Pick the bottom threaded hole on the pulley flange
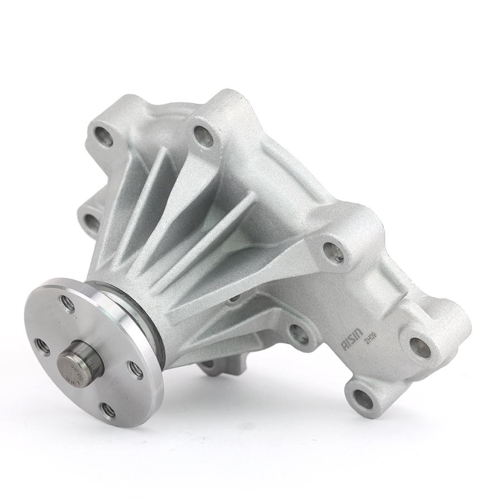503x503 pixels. [x=107, y=411]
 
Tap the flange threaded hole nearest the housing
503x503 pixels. [x=135, y=368]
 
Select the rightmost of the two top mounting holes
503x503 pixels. [x=203, y=136]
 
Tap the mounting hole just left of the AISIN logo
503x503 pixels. [x=299, y=334]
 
